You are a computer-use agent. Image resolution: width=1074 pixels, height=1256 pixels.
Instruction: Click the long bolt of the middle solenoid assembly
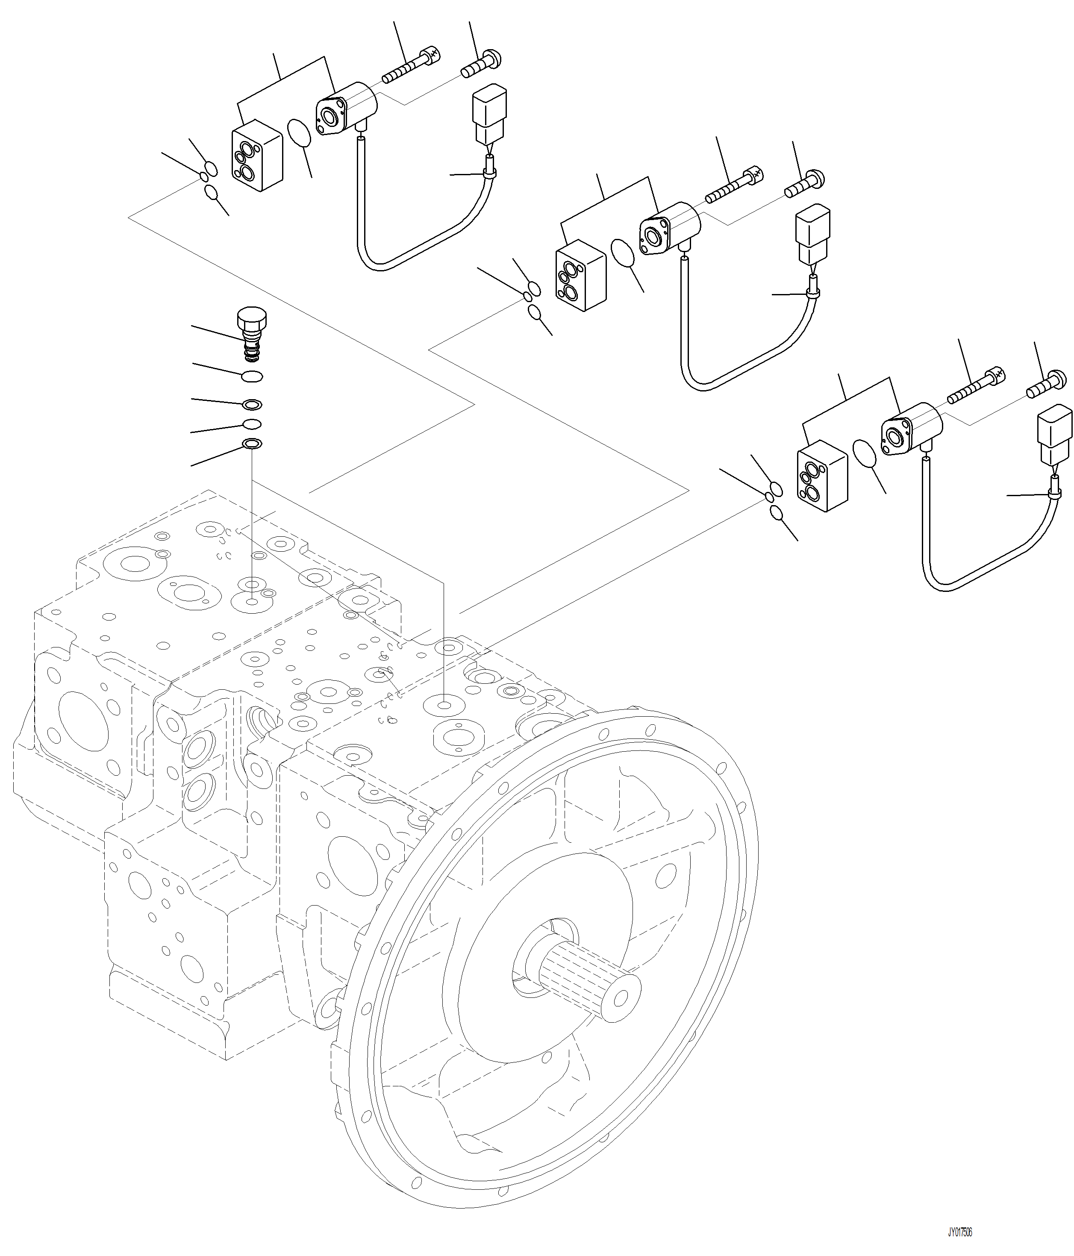734,185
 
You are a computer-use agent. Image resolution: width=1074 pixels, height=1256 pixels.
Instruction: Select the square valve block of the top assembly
257,155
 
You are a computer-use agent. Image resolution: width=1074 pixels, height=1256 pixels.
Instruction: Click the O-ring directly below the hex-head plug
252,377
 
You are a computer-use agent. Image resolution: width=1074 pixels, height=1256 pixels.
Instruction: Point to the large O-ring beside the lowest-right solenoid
864,454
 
